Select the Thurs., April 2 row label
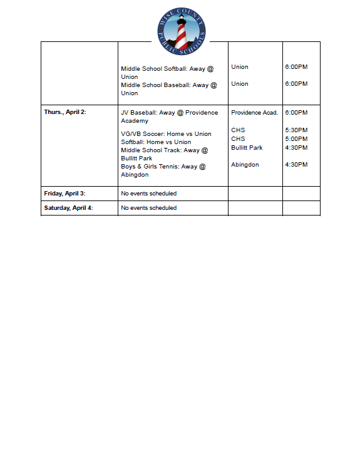click(65, 112)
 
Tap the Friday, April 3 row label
click(64, 194)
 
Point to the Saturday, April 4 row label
click(68, 208)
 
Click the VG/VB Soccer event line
click(166, 134)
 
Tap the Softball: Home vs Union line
click(156, 142)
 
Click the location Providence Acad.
click(254, 113)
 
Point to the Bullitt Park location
click(247, 148)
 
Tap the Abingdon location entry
click(245, 165)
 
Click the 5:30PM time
click(296, 130)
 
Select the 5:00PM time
click(296, 139)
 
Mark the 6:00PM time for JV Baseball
click(296, 113)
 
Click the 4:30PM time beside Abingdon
click(296, 165)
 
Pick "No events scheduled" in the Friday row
click(148, 194)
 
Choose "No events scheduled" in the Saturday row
click(148, 208)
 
